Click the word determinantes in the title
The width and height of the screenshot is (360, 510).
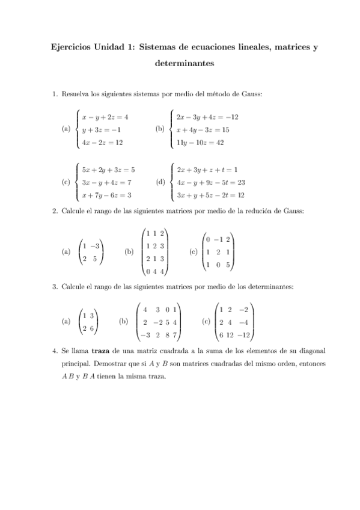pos(180,63)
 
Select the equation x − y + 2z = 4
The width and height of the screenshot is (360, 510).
pos(105,117)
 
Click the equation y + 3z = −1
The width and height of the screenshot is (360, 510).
pos(102,130)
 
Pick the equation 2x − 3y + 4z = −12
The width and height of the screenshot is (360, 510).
pos(207,117)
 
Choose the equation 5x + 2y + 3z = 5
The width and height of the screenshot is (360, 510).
pos(108,170)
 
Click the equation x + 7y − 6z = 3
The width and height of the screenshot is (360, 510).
pos(106,195)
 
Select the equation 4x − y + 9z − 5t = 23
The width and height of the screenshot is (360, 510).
pos(210,182)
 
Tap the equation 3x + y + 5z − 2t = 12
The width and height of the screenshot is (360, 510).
pos(210,195)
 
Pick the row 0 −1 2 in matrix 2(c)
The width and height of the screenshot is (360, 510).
pos(219,239)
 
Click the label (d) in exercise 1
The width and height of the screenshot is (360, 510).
pos(159,183)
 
